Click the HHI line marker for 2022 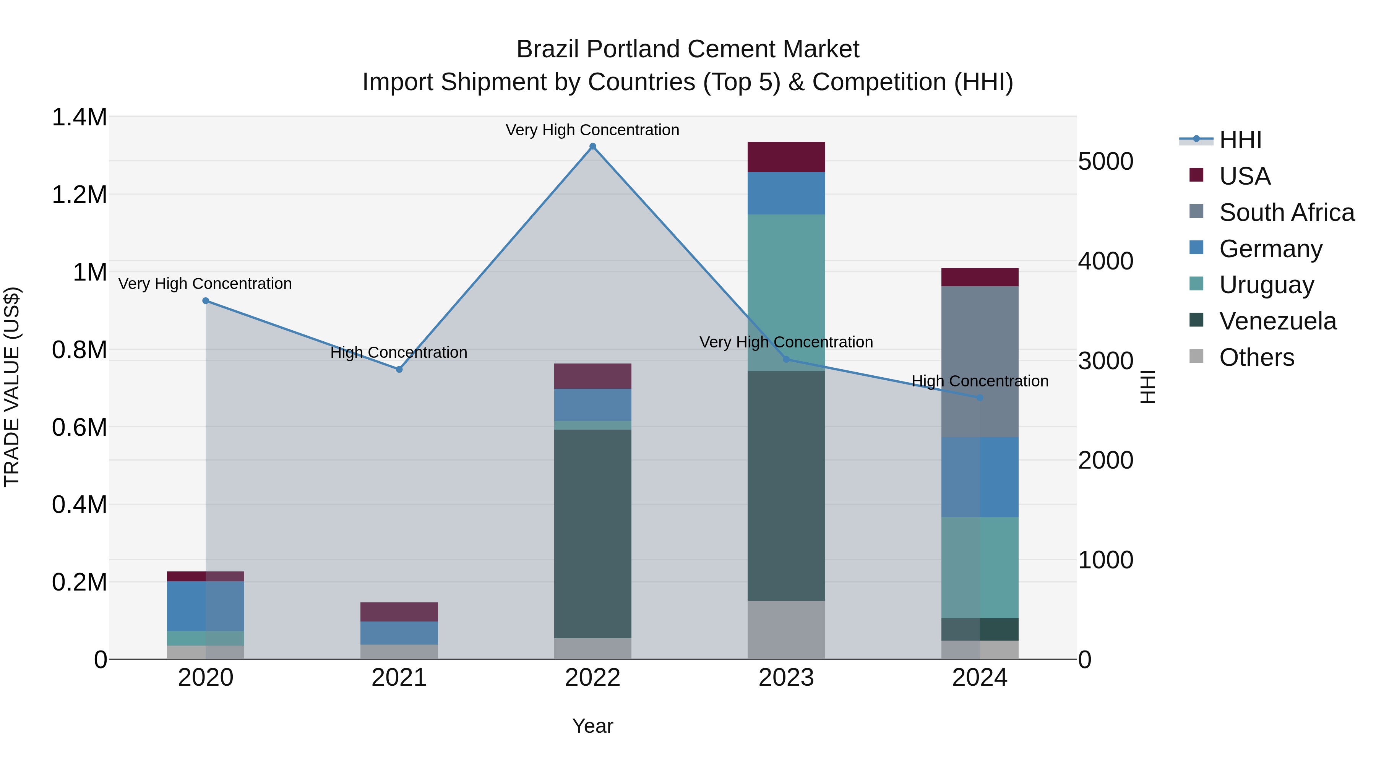pyautogui.click(x=592, y=146)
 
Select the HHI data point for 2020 pyautogui.click(x=206, y=301)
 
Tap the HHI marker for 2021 pyautogui.click(x=399, y=369)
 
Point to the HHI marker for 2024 pyautogui.click(x=980, y=398)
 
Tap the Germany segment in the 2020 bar pyautogui.click(x=206, y=606)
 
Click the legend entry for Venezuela pyautogui.click(x=1277, y=321)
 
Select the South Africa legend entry pyautogui.click(x=1286, y=212)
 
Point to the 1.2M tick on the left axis pyautogui.click(x=79, y=195)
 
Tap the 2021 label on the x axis pyautogui.click(x=399, y=678)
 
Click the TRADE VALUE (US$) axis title pyautogui.click(x=12, y=387)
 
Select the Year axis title pyautogui.click(x=592, y=726)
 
